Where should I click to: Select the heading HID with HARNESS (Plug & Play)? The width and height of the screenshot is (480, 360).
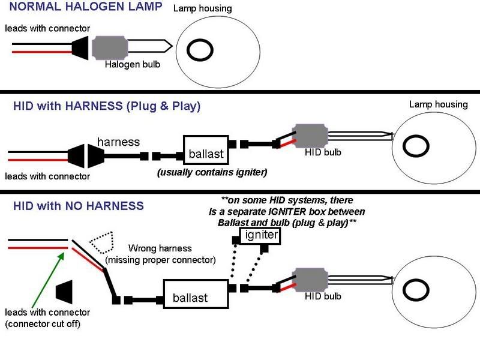106,107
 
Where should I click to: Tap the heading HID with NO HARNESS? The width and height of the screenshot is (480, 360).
78,206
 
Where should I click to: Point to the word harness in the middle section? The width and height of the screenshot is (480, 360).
118,143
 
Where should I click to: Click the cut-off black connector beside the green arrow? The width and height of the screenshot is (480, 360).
64,292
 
